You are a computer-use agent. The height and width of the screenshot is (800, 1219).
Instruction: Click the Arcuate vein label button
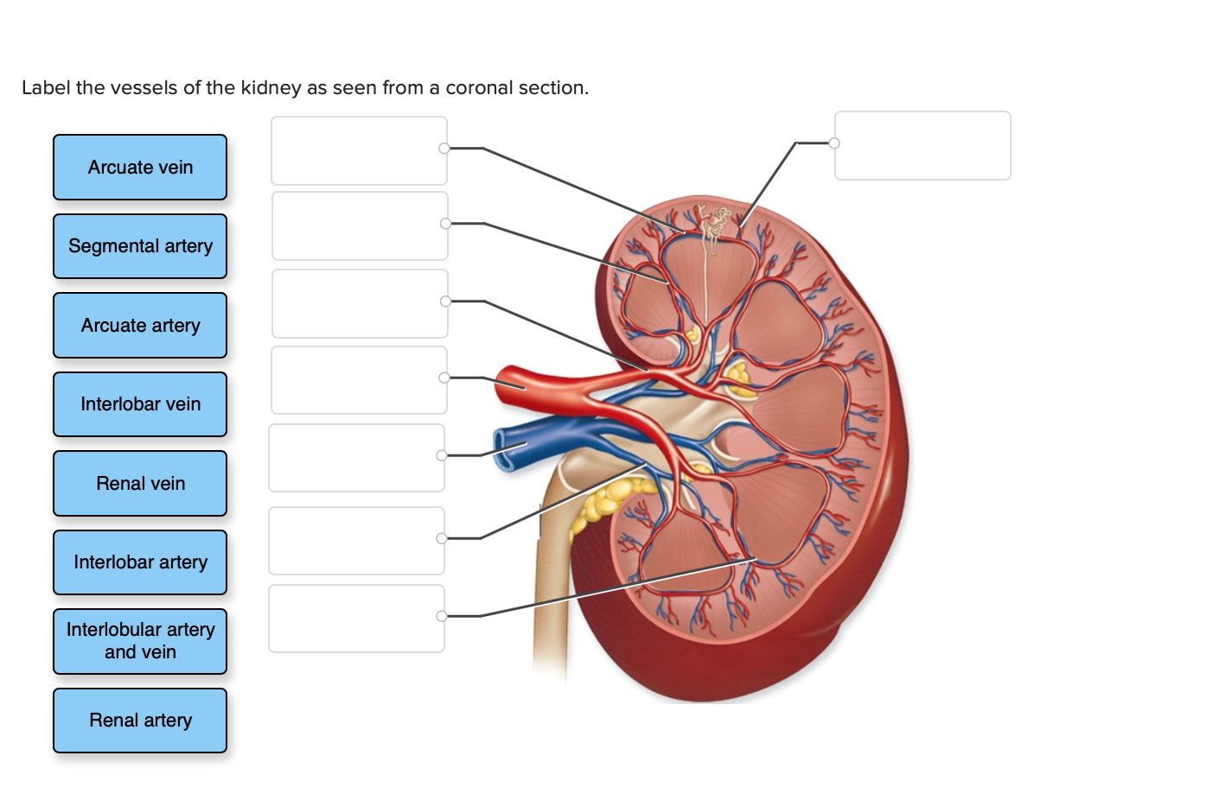pos(140,168)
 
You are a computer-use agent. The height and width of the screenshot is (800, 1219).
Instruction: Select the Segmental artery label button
pos(140,246)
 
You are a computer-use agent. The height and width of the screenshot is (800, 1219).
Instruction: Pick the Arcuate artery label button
pos(140,326)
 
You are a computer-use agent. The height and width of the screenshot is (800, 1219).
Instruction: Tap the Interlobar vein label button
pos(140,404)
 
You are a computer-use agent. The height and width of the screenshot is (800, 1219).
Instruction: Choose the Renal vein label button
pos(140,484)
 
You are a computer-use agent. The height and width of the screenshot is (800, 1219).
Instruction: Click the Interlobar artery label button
pos(140,562)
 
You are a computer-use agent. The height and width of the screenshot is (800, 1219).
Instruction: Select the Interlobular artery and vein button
pos(140,641)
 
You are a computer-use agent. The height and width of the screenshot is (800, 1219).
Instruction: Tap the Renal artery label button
pos(140,721)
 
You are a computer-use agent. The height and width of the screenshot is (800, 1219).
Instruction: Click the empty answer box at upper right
pos(922,145)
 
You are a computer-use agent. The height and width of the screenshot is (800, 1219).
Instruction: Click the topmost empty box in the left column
pos(359,150)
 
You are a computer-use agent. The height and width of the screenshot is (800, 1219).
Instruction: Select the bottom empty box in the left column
pos(356,619)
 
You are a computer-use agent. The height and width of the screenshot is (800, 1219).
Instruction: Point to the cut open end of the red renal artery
pos(504,386)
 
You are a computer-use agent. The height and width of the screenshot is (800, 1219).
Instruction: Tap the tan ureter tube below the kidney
pos(551,605)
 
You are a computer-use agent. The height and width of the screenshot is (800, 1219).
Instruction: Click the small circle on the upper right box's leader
pos(834,143)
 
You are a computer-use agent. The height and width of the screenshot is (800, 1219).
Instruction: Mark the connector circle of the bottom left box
pos(442,616)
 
